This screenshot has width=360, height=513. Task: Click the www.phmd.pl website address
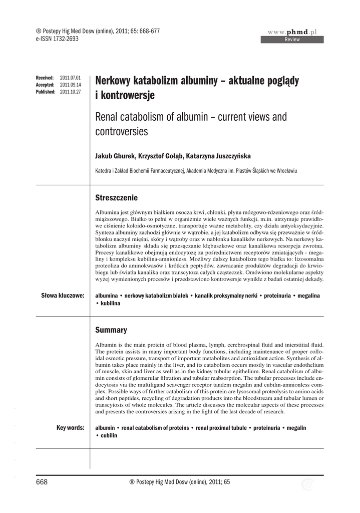pyautogui.click(x=295, y=32)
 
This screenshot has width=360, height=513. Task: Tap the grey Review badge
pyautogui.click(x=292, y=40)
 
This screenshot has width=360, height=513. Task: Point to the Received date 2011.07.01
pyautogui.click(x=70, y=78)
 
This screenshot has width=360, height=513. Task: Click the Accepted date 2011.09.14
pyautogui.click(x=70, y=85)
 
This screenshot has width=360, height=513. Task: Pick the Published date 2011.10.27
pyautogui.click(x=70, y=92)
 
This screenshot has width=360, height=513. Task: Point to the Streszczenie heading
pyautogui.click(x=116, y=198)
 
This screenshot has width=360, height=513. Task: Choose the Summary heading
pyautogui.click(x=111, y=330)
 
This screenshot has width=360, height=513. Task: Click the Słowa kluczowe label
pyautogui.click(x=62, y=296)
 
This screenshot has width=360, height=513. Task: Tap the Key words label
pyautogui.click(x=70, y=427)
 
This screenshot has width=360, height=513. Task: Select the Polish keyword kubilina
pyautogui.click(x=110, y=304)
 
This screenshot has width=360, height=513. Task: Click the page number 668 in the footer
pyautogui.click(x=42, y=482)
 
